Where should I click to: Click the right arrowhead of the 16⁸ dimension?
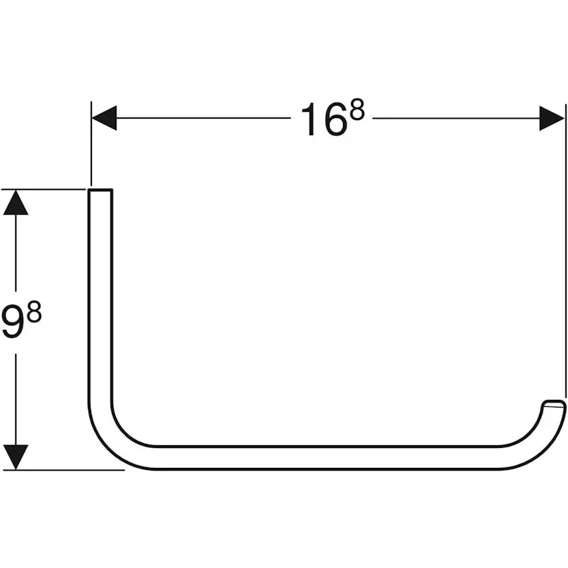point(552,118)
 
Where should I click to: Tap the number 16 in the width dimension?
point(323,121)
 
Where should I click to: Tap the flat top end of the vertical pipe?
point(100,190)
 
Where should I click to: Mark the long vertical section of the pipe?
point(100,295)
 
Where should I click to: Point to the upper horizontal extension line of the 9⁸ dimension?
point(48,189)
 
